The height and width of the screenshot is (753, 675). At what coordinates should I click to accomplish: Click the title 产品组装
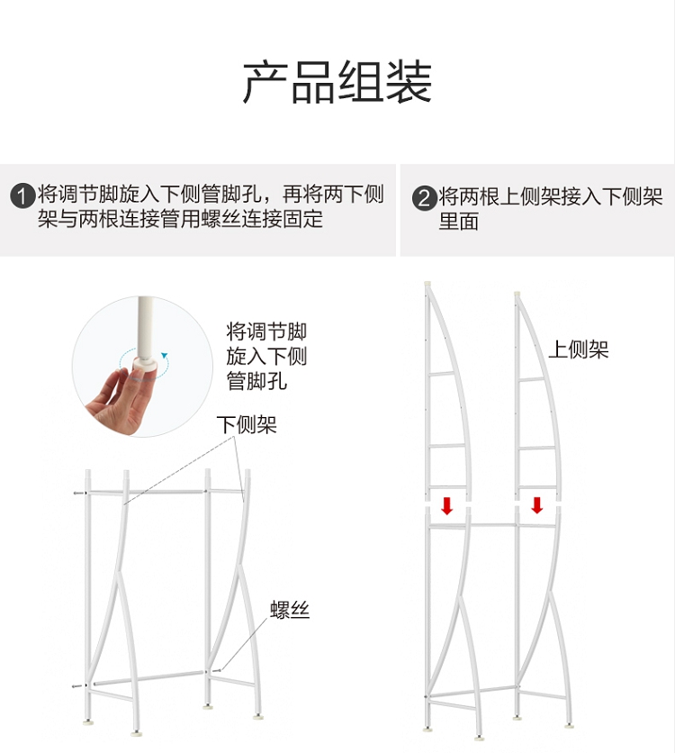[x=337, y=82]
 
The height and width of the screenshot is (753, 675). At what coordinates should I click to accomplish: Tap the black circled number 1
[x=22, y=196]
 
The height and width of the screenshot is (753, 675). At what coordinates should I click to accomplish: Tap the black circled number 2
[x=425, y=198]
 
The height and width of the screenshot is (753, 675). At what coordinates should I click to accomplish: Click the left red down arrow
[x=446, y=505]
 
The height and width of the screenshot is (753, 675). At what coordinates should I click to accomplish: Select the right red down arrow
[x=536, y=505]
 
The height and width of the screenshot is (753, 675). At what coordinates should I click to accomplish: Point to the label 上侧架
[x=578, y=349]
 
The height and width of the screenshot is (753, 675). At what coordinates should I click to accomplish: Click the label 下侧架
[x=247, y=424]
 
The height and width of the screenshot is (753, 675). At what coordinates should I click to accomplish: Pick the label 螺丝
[x=290, y=610]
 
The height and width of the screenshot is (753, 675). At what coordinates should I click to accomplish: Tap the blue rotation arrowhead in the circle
[x=165, y=356]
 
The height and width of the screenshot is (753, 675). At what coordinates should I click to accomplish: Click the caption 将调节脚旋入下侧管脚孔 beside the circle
[x=266, y=357]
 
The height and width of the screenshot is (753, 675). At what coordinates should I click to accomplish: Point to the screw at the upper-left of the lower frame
[x=79, y=493]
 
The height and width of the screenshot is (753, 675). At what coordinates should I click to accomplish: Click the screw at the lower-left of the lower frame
[x=78, y=685]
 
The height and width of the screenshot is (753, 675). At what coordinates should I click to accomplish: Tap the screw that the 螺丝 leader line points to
[x=216, y=670]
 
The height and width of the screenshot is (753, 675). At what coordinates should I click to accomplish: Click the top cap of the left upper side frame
[x=428, y=284]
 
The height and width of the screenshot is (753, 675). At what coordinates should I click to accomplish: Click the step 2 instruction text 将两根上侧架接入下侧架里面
[x=550, y=209]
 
